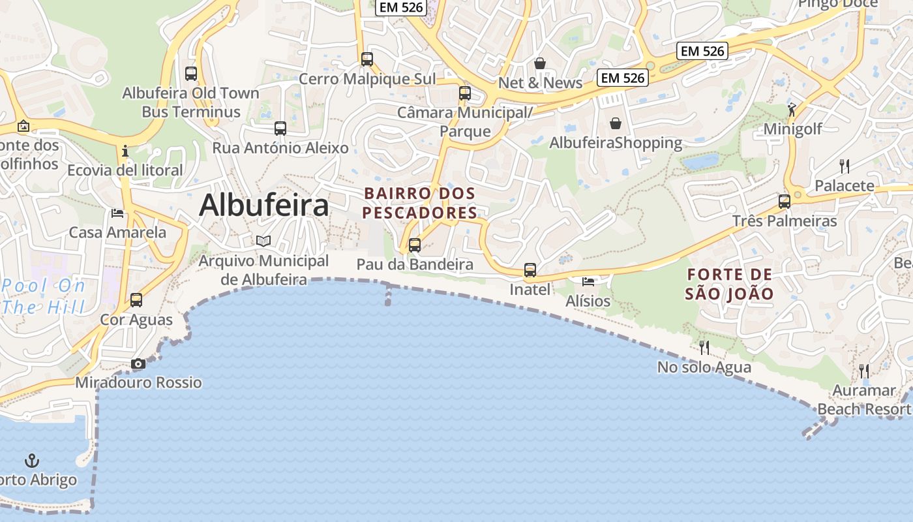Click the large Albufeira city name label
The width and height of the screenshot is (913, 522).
263,206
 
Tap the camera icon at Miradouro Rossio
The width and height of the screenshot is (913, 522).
138,364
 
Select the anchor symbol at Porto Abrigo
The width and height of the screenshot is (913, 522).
32,461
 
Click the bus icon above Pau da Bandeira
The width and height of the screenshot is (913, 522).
415,245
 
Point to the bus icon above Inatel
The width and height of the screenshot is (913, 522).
530,269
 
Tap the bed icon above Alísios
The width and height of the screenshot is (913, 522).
588,282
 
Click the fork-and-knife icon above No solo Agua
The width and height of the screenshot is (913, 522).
704,347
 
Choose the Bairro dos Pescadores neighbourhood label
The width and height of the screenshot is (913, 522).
420,203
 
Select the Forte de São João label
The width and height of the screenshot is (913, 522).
729,284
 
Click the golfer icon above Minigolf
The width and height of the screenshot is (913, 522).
792,110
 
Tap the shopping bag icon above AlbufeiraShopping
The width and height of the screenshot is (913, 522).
615,123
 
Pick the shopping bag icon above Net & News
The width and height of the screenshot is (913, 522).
540,63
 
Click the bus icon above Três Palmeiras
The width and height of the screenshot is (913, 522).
785,201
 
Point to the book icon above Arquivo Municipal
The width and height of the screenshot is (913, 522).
263,241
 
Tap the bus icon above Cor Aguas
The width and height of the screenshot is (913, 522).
136,300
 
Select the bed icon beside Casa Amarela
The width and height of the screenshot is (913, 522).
117,213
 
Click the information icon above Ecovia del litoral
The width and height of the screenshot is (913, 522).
125,151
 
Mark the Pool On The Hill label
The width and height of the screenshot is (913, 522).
44,296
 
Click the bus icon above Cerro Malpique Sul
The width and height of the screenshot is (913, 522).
367,59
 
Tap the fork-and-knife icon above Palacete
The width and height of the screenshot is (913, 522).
845,166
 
